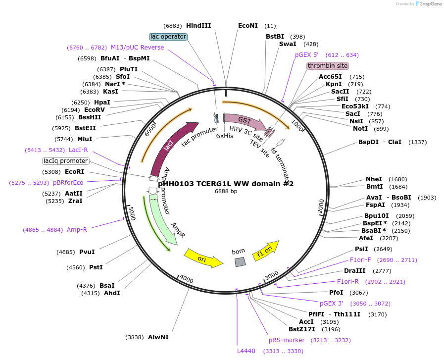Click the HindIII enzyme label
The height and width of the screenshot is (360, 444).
point(198,26)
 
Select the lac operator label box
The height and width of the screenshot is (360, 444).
point(168,37)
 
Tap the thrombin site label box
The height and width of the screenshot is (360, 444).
point(328,66)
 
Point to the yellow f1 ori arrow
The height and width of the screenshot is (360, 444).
point(265,251)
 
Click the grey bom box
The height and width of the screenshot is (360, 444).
point(240,262)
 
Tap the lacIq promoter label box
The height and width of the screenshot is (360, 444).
point(66,161)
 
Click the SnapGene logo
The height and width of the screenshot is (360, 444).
point(428,4)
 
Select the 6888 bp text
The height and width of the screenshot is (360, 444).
point(226,192)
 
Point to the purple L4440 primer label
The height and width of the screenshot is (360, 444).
point(246,351)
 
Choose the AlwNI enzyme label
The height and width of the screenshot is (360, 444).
point(158,337)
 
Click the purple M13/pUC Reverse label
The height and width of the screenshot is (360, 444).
point(137,48)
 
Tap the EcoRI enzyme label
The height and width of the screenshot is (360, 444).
point(75,172)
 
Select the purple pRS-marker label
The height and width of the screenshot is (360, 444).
point(287,340)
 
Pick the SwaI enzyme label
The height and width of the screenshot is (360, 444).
point(288,44)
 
